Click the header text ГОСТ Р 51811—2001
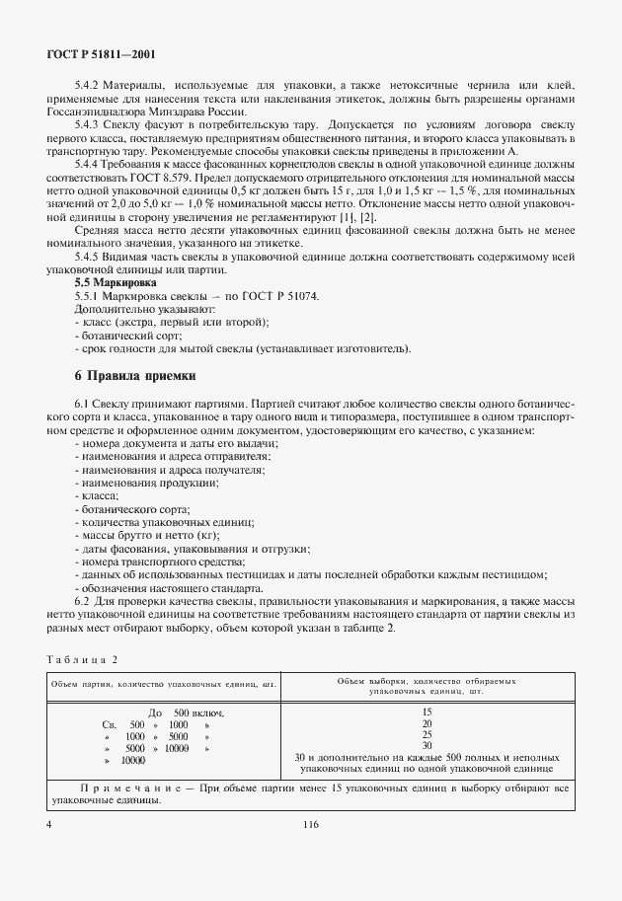coord(101,55)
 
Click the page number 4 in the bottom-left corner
coord(48,822)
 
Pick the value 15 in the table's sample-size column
coord(427,712)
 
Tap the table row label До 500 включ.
coord(186,713)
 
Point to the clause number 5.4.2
coord(89,86)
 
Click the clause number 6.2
coord(84,601)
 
